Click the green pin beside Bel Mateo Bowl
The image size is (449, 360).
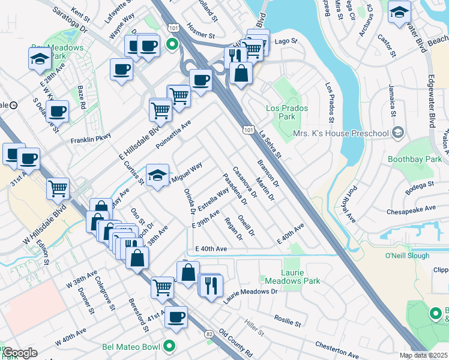click(170, 346)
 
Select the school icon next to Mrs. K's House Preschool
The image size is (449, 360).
click(397, 133)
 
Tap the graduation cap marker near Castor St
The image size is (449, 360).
click(399, 12)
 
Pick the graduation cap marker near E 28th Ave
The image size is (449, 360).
click(40, 58)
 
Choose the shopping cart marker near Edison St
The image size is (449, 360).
click(58, 187)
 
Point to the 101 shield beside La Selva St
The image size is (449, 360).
click(249, 129)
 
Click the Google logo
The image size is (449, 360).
click(20, 353)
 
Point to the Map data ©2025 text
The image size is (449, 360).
click(423, 355)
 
